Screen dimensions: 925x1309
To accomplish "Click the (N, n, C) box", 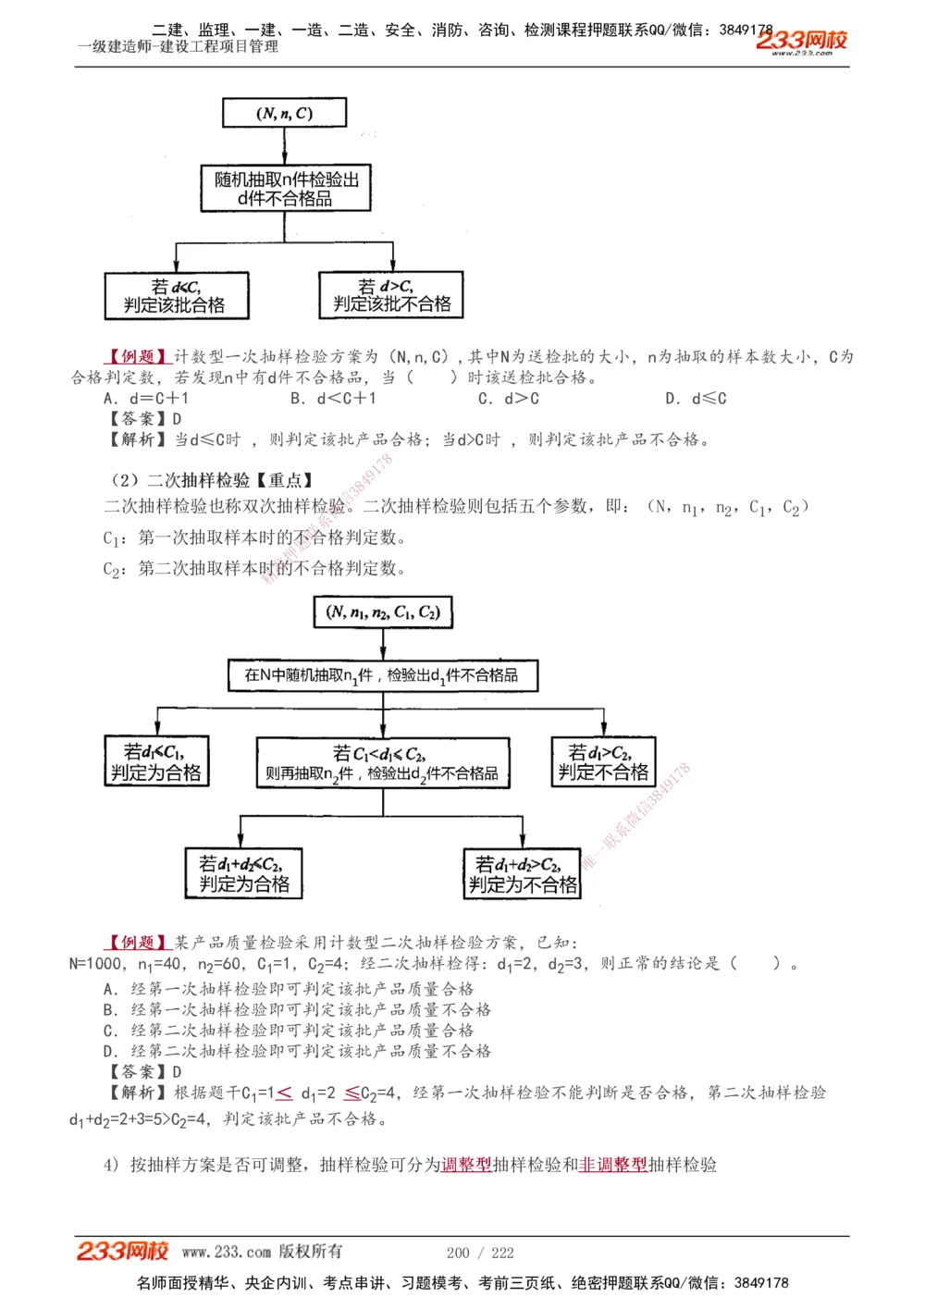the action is (x=284, y=113).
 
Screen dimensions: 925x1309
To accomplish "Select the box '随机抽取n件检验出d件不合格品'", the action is (x=286, y=189).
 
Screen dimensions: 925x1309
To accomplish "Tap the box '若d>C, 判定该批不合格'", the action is (x=391, y=295).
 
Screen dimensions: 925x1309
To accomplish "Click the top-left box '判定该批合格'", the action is (x=177, y=296).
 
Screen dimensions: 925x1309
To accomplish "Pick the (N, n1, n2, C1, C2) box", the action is (x=383, y=612).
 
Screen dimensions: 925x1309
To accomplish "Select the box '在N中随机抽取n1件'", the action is (x=383, y=675).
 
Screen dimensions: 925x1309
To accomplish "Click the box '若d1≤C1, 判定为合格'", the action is (x=156, y=762).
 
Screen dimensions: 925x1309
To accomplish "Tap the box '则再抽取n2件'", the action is (x=383, y=763).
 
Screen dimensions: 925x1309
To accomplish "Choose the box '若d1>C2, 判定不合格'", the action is (x=603, y=762).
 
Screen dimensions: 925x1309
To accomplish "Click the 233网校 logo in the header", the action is (x=801, y=41).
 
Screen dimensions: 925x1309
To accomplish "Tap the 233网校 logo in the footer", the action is (x=123, y=1252).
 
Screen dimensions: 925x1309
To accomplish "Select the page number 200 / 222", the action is (x=480, y=1253).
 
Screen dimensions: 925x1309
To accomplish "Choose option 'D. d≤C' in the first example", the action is (x=696, y=399).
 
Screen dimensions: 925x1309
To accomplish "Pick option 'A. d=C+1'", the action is (x=146, y=399).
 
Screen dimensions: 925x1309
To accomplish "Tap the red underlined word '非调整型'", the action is (x=612, y=1165).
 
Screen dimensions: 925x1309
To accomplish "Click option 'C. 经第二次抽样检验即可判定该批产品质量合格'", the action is (x=289, y=1031).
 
